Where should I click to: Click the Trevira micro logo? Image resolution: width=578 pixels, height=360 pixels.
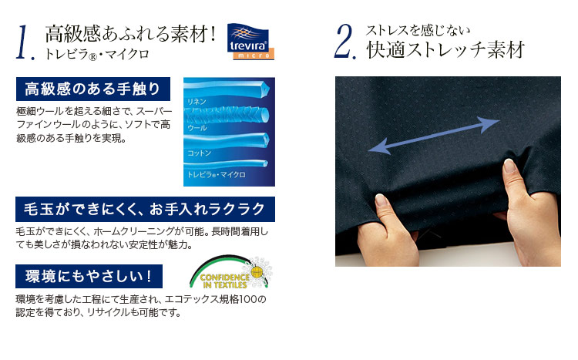click(x=250, y=42)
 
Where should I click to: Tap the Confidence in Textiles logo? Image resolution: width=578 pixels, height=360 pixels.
click(x=230, y=273)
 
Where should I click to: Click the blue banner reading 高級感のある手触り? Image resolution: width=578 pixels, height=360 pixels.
click(x=93, y=89)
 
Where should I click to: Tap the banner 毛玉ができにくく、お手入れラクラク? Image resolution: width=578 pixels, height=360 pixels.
click(x=145, y=209)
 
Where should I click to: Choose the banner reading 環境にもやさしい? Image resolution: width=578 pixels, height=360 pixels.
click(x=89, y=276)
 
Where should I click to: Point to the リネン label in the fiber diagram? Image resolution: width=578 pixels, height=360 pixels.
click(x=197, y=102)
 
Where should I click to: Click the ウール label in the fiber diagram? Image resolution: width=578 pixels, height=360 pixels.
click(x=197, y=128)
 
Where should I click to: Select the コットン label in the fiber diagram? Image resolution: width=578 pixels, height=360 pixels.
click(x=199, y=153)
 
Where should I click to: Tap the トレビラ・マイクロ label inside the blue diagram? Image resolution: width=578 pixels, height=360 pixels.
click(x=217, y=174)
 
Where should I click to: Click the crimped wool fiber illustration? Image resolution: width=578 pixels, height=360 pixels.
click(x=227, y=115)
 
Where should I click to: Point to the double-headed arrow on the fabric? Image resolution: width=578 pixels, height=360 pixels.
click(x=434, y=136)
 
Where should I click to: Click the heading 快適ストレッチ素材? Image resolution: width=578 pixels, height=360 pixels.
click(x=445, y=49)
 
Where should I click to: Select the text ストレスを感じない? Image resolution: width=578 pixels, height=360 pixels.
click(x=418, y=30)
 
